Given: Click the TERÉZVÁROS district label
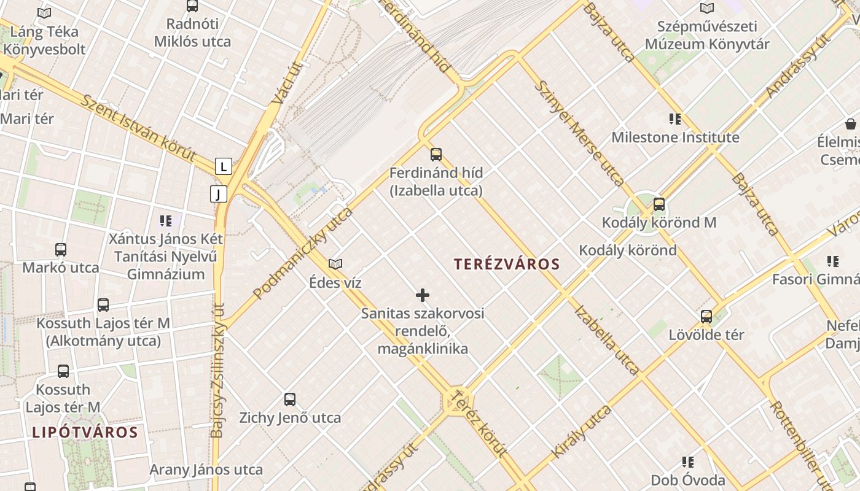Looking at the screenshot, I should click(507, 265).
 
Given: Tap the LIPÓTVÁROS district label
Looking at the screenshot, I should click(85, 431).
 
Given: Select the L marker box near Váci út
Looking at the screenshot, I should click(223, 166).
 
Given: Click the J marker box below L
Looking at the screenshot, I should click(218, 194).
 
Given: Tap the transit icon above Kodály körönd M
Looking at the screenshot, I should click(659, 204).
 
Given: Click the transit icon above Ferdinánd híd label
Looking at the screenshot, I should click(436, 154).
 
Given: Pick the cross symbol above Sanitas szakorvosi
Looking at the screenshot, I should click(423, 295).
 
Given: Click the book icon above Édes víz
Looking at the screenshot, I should click(335, 264).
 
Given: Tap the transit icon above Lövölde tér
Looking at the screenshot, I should click(706, 317).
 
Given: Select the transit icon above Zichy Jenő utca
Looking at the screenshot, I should click(290, 400).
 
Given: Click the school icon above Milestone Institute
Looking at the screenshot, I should click(675, 119).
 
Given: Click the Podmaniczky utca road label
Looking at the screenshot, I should click(303, 253).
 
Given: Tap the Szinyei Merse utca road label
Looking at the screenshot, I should click(580, 133).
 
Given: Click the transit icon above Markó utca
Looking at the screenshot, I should click(61, 250).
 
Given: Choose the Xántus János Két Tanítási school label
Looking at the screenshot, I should click(166, 256).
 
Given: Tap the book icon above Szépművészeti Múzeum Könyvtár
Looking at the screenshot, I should click(707, 9).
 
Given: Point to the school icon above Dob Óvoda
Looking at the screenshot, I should click(688, 462).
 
